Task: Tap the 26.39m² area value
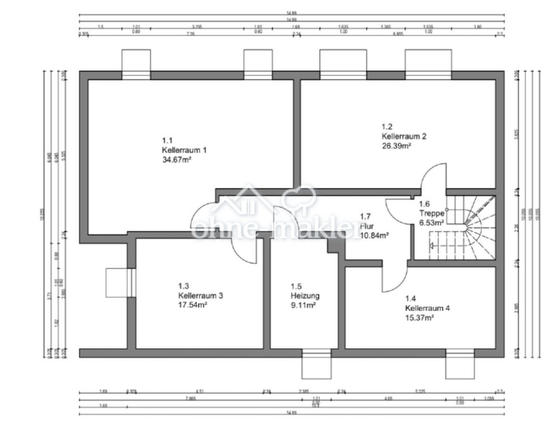(x=396, y=146)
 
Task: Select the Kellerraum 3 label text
(x=200, y=296)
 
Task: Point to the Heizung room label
(x=305, y=296)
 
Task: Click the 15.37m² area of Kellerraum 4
(x=419, y=318)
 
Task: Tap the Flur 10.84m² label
(x=374, y=230)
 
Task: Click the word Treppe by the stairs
(x=431, y=213)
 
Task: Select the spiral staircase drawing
(x=470, y=228)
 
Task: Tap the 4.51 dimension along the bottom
(x=199, y=391)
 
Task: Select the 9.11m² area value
(x=303, y=305)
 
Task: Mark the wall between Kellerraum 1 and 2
(x=297, y=132)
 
